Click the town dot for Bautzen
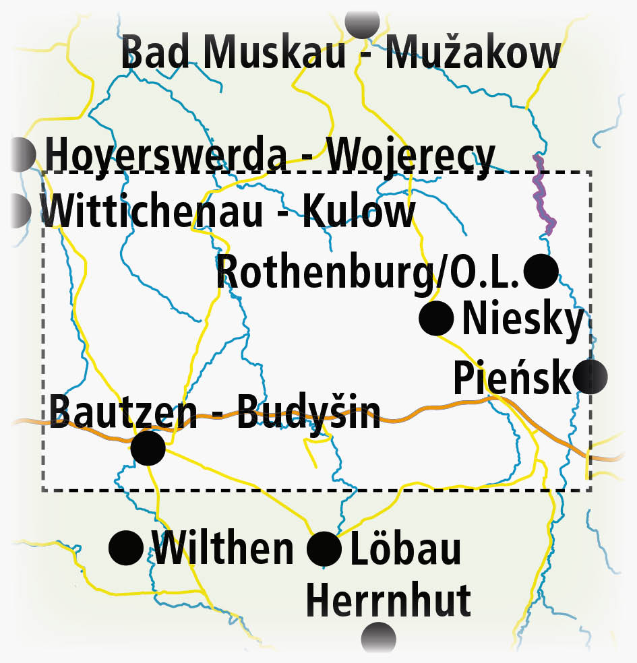click(x=148, y=448)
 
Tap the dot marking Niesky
click(x=436, y=318)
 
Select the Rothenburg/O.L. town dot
click(x=541, y=271)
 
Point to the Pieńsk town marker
click(x=590, y=377)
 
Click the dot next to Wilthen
click(x=126, y=547)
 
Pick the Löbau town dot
click(x=324, y=549)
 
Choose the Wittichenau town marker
click(x=19, y=210)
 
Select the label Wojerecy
click(x=413, y=156)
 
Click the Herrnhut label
click(x=388, y=600)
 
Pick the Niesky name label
click(x=522, y=320)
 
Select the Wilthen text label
click(x=224, y=548)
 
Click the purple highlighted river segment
click(x=543, y=193)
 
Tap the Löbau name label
click(x=406, y=548)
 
